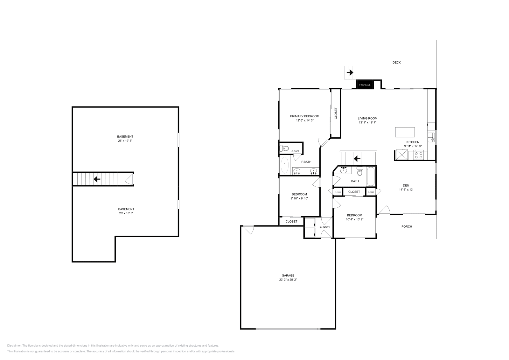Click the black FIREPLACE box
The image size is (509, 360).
[x=365, y=85]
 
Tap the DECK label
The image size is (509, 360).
[x=396, y=63]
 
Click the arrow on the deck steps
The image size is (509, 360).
[x=350, y=73]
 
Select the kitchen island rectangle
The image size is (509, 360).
[x=405, y=132]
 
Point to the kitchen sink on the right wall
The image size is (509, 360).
[x=431, y=137]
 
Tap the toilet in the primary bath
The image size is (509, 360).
[x=284, y=148]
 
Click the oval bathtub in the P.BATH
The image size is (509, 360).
[x=284, y=165]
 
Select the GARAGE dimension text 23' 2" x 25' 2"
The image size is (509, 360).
[x=288, y=280]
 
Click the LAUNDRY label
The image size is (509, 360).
[x=324, y=227]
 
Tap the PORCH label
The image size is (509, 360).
[x=407, y=227]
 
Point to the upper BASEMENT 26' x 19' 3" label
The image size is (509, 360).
[x=125, y=138]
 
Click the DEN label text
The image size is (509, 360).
[x=406, y=185]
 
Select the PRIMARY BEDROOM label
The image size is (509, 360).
[x=304, y=116]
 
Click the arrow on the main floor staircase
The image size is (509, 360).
[x=357, y=158]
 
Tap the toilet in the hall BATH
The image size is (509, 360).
[x=360, y=172]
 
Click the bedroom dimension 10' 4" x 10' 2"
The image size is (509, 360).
[x=354, y=219]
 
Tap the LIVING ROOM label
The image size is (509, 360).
[x=367, y=118]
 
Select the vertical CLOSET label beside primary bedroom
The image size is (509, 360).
[x=336, y=114]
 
